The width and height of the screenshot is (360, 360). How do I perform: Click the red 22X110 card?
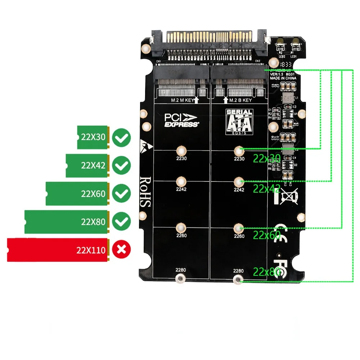(58, 249)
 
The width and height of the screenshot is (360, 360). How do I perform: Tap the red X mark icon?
(122, 249)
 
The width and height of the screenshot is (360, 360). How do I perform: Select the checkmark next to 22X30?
(122, 138)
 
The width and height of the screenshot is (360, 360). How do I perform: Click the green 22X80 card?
(66, 222)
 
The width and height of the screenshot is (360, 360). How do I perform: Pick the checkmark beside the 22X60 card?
(122, 194)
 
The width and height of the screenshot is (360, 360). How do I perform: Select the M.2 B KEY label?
(239, 100)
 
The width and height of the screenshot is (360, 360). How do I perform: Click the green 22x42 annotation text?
(267, 188)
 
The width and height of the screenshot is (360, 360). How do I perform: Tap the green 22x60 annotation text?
(267, 235)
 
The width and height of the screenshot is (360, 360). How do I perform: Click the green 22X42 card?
(87, 166)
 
